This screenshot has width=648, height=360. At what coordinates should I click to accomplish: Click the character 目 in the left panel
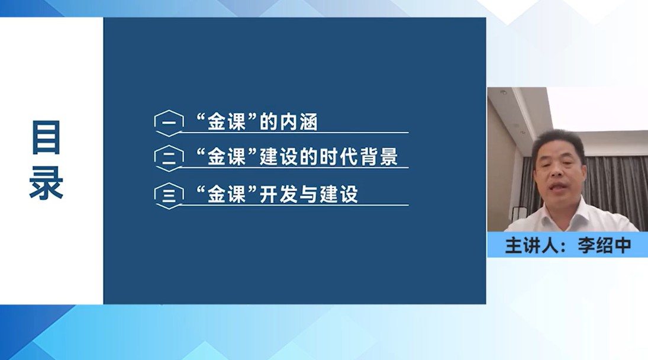pos(46,137)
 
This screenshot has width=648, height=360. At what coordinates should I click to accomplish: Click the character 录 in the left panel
pos(46,183)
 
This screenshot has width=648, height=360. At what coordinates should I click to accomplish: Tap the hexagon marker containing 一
pos(169,123)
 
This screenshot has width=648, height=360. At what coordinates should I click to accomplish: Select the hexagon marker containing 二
pos(169,158)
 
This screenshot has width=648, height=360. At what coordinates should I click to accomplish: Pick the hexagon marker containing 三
pos(169,195)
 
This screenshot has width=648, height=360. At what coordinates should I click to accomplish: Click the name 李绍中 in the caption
pos(605,245)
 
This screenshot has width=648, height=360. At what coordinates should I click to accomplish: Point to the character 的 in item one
pos(269,122)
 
